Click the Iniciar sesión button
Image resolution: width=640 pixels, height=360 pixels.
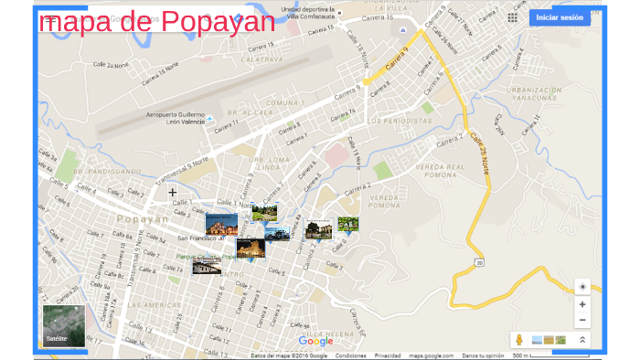click(559, 17)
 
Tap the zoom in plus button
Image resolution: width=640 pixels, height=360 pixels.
click(582, 303)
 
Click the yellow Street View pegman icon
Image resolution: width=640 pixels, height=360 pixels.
click(518, 339)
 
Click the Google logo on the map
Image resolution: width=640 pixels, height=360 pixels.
click(315, 342)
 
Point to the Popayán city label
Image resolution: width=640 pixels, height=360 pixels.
click(143, 219)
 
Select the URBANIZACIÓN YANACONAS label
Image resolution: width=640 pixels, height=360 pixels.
click(535, 93)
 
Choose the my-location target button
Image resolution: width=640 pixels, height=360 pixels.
click(582, 285)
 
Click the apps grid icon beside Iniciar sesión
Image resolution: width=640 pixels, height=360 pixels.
click(512, 17)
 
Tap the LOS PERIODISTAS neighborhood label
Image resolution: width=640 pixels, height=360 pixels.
click(400, 121)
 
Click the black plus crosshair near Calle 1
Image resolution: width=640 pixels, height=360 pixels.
click(172, 192)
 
